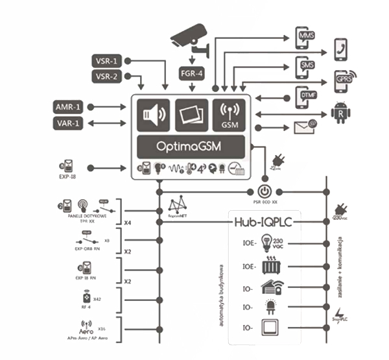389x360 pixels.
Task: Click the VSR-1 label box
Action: pos(107,61)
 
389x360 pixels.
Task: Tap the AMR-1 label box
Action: pos(67,105)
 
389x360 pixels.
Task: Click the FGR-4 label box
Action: pos(193,73)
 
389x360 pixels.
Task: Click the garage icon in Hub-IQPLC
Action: pos(270,287)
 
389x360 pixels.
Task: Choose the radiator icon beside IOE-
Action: pos(270,266)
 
